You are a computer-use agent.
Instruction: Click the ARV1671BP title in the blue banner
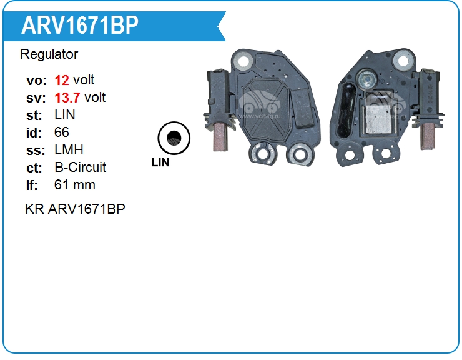[79, 26]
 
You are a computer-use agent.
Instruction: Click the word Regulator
[49, 54]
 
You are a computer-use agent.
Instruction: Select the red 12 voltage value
[62, 80]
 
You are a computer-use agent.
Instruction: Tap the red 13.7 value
[67, 97]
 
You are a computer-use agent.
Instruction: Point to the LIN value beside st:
[65, 114]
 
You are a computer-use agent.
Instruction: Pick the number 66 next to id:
[62, 132]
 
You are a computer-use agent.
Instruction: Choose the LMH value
[69, 149]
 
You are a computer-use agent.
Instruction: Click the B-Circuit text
[80, 167]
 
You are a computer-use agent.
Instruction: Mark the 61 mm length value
[75, 185]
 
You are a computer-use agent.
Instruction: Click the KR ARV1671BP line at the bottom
[76, 209]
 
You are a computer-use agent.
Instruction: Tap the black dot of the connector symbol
[174, 137]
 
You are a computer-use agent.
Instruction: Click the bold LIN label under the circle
[160, 162]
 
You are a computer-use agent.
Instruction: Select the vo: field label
[36, 80]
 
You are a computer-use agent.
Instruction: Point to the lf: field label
[32, 185]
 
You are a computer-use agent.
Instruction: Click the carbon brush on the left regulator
[220, 137]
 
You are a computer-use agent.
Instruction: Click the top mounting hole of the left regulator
[243, 61]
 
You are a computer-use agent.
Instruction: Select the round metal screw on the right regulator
[367, 78]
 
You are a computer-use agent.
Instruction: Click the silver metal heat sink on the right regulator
[378, 118]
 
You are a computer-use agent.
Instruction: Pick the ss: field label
[36, 150]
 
